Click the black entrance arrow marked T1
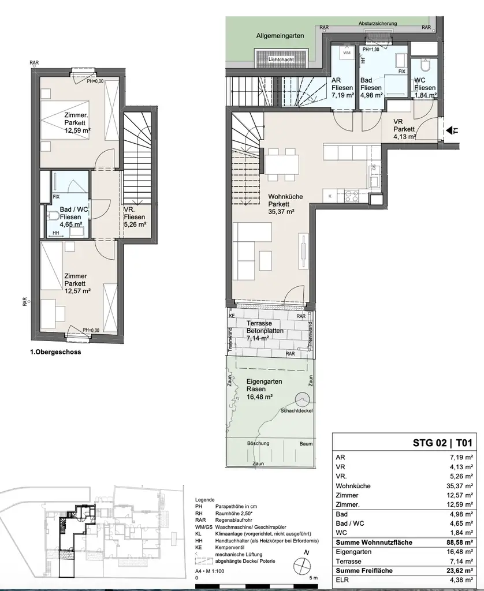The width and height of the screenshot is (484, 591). point(450,131)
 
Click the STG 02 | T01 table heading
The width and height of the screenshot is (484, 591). point(442,443)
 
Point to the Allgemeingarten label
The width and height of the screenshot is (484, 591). point(280,36)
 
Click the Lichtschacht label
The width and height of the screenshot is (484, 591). point(281,59)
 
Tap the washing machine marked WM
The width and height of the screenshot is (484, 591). point(347,53)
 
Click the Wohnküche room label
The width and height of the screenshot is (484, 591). point(285,196)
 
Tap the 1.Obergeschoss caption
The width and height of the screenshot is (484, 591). point(55,353)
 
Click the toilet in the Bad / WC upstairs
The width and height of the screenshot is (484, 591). point(53,216)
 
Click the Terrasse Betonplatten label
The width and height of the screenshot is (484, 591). point(265,327)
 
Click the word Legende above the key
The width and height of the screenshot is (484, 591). point(205,500)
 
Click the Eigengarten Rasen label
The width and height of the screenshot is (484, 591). point(264,385)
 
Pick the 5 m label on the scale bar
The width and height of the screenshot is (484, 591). point(314,578)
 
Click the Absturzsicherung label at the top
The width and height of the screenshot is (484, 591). point(378,23)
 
